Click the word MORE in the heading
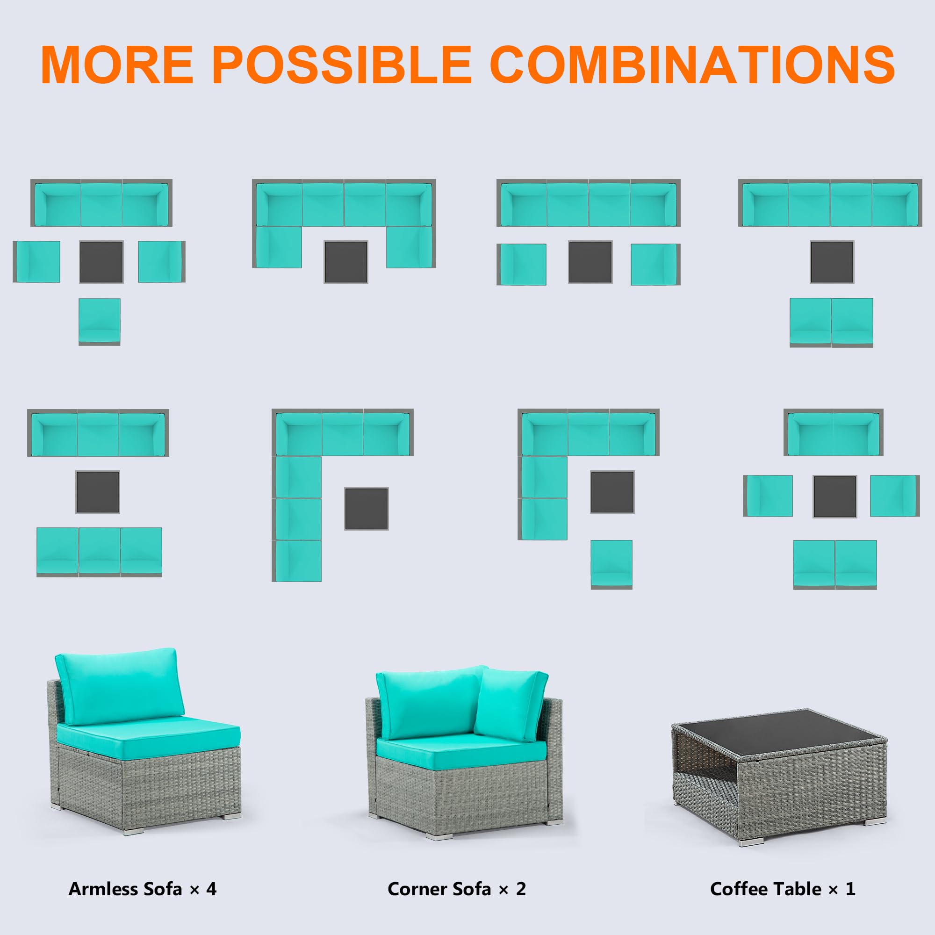[118, 65]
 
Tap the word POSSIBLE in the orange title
[342, 65]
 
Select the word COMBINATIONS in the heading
[692, 65]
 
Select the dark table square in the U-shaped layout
[345, 262]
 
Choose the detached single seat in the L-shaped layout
[611, 564]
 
